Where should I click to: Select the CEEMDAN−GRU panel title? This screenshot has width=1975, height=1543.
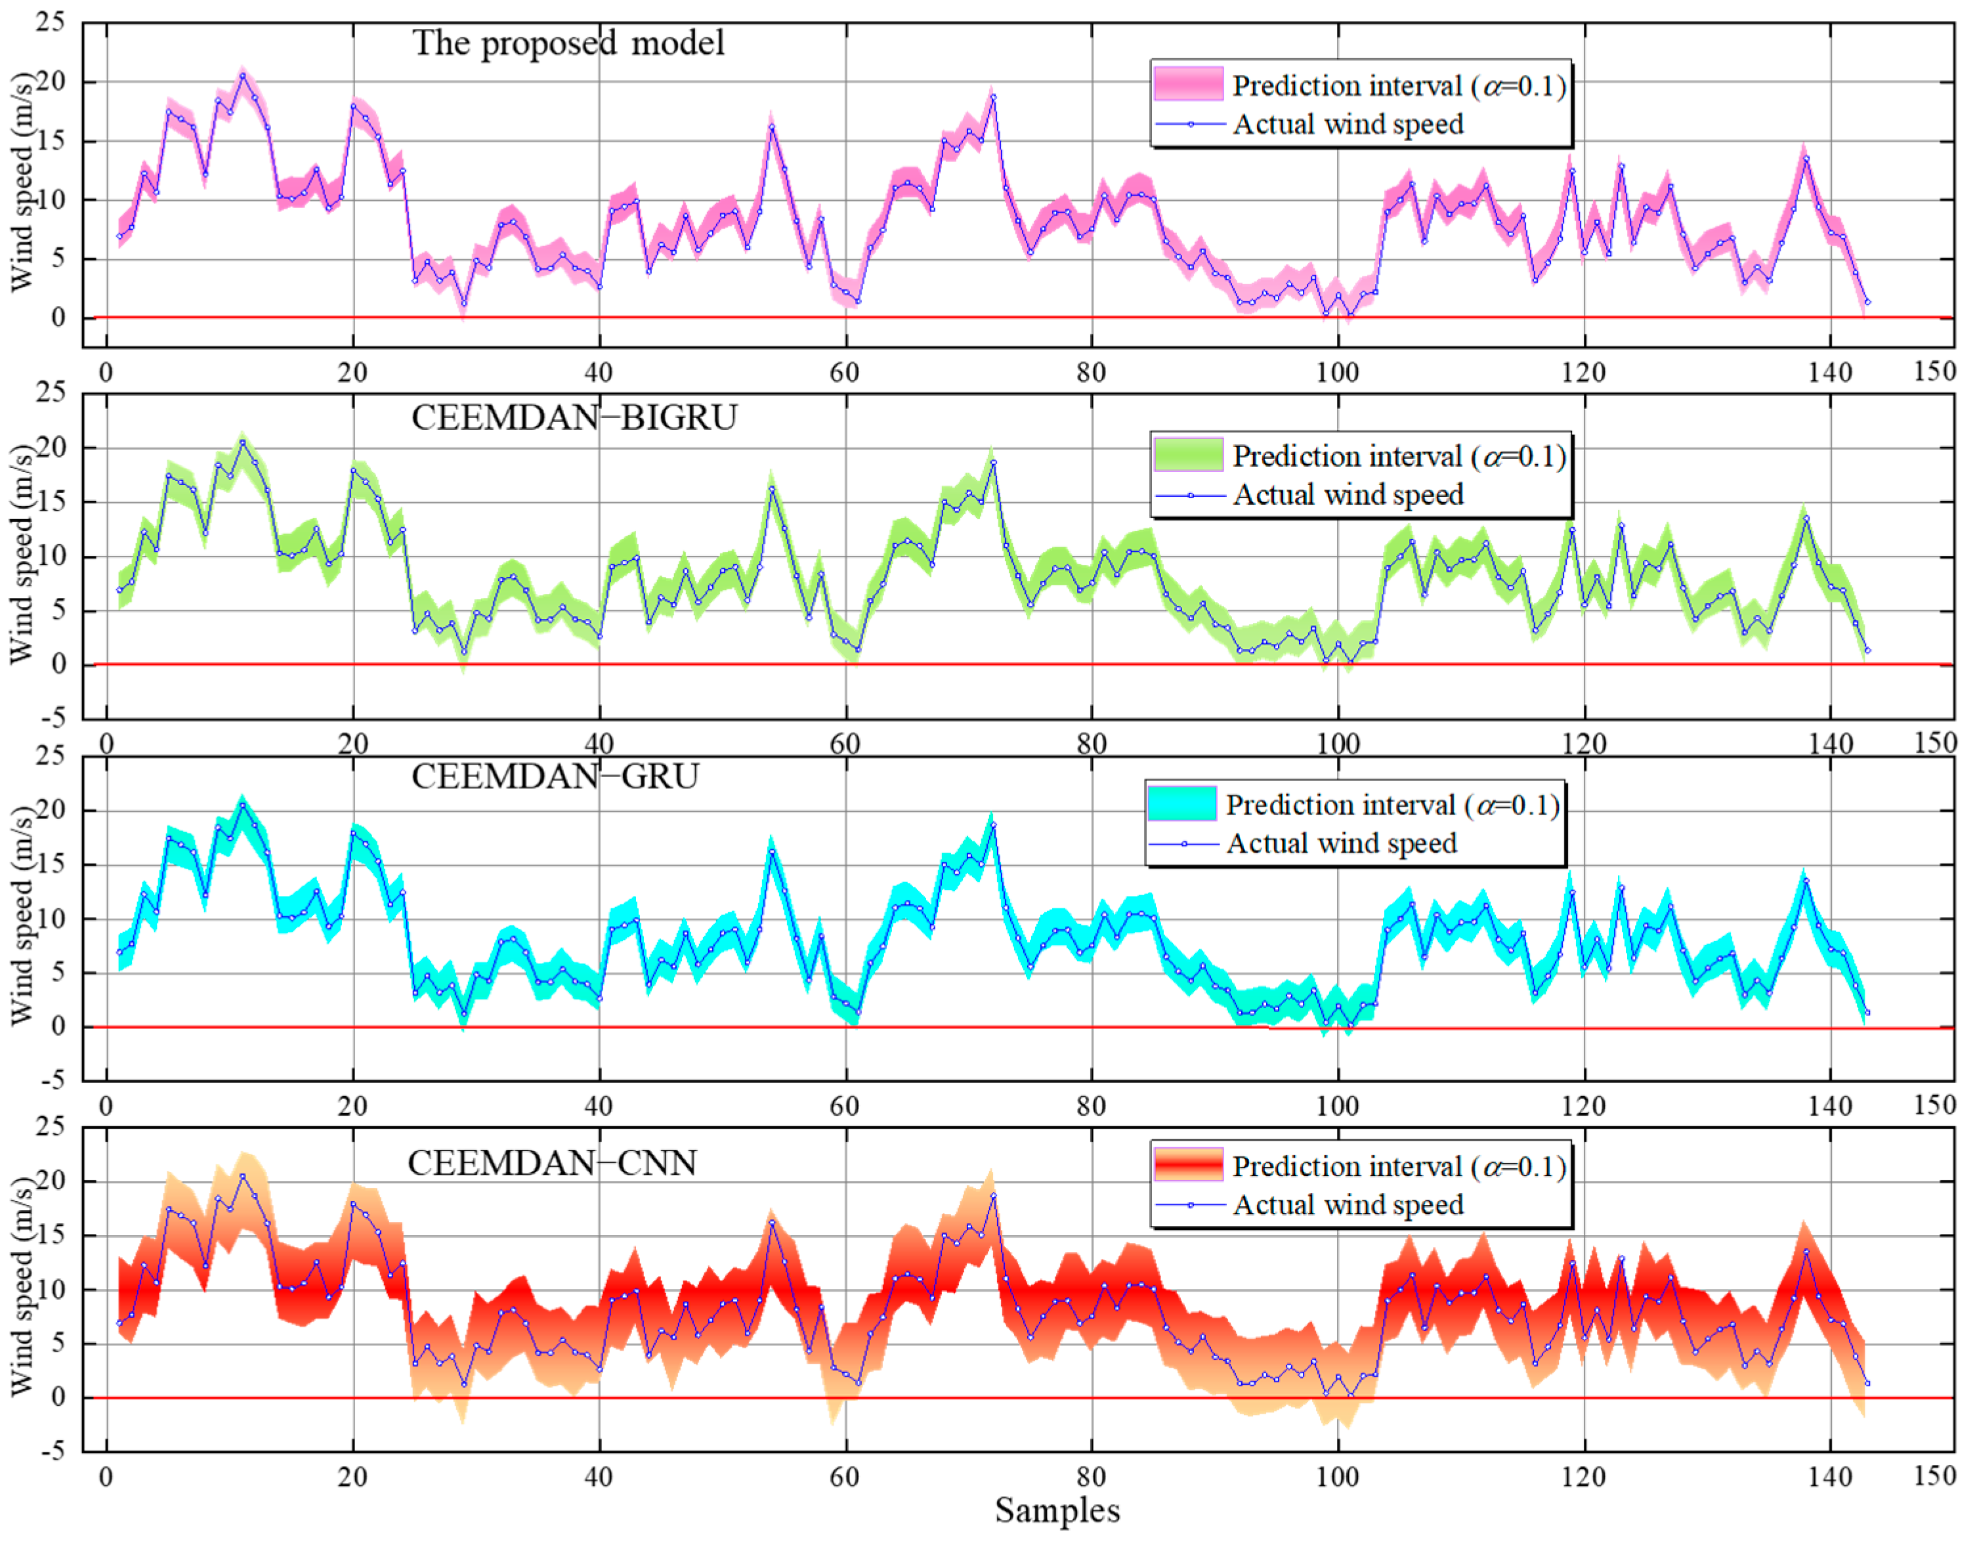tap(555, 776)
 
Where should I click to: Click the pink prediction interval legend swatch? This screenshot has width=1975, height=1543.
tap(1188, 83)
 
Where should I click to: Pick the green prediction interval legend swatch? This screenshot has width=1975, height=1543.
tap(1188, 454)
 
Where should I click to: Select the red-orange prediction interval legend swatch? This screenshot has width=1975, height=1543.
tap(1188, 1165)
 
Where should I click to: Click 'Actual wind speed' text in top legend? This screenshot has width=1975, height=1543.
tap(1348, 124)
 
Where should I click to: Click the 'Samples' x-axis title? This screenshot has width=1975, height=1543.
tap(1057, 1510)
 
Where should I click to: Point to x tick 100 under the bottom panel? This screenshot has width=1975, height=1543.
tap(1336, 1476)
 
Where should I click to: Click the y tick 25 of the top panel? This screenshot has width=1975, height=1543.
tap(51, 22)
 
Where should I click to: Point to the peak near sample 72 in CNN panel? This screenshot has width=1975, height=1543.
tap(993, 1196)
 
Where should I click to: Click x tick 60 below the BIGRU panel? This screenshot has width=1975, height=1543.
tap(845, 744)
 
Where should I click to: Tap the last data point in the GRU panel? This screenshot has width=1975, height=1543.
tap(1867, 1013)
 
